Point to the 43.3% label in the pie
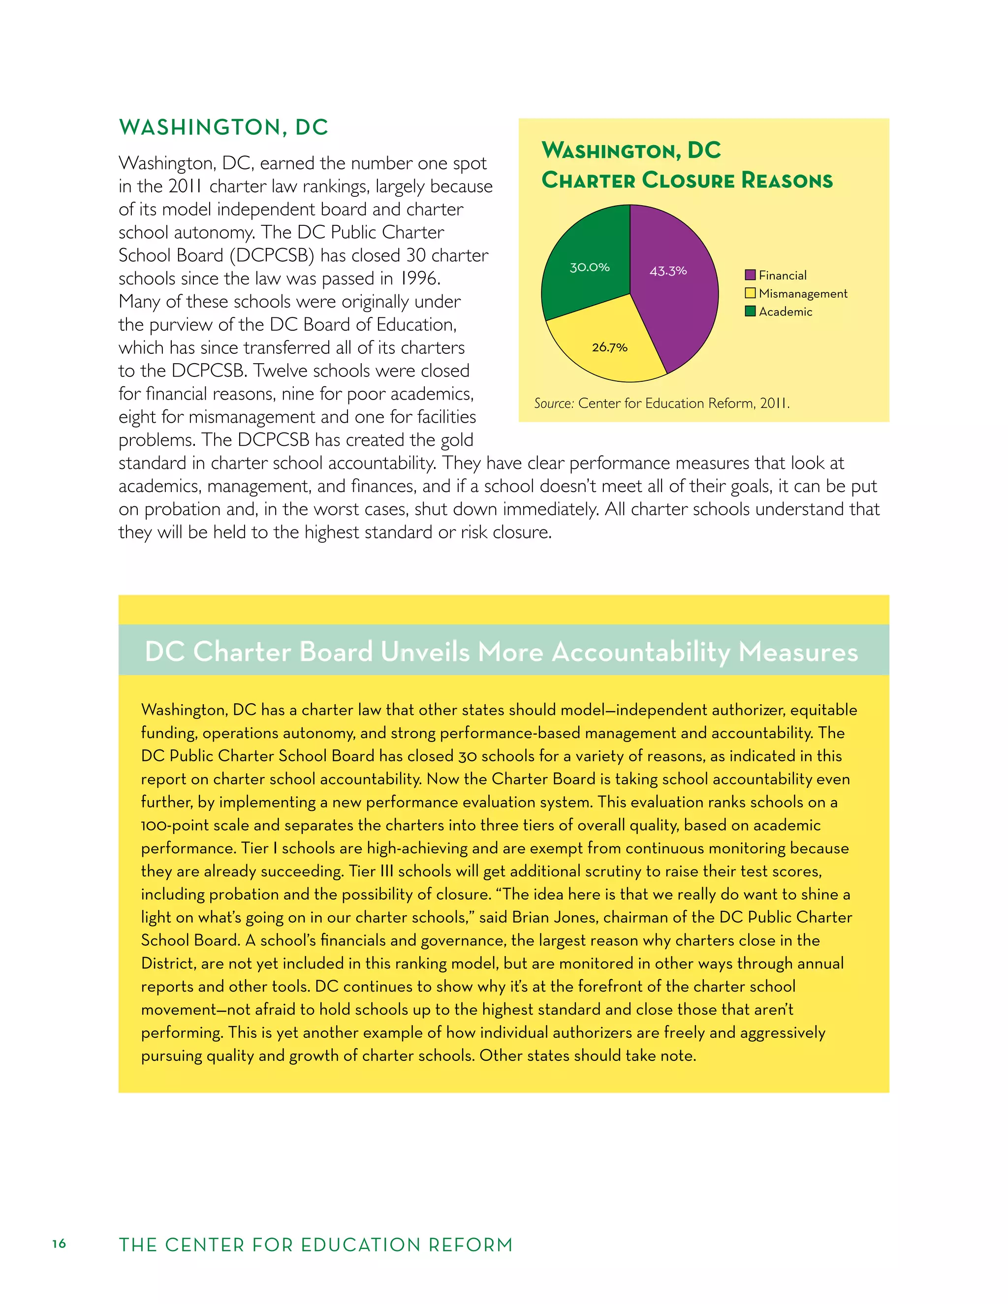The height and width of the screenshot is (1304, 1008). (x=668, y=271)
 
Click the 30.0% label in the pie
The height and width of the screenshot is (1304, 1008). (x=589, y=268)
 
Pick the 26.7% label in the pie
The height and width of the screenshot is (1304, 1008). (x=609, y=347)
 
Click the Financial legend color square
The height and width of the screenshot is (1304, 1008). (x=750, y=275)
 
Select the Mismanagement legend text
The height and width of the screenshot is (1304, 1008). (x=803, y=294)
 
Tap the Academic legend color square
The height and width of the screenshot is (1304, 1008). (x=750, y=311)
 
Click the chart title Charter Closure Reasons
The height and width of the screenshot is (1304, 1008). (x=687, y=180)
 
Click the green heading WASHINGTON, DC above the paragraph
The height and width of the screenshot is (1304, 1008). (x=223, y=127)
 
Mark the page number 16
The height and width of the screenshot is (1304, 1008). (x=59, y=1243)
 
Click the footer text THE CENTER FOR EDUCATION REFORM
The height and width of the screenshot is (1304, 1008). (x=316, y=1245)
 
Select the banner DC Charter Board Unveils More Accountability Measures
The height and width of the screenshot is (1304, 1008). (x=502, y=652)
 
